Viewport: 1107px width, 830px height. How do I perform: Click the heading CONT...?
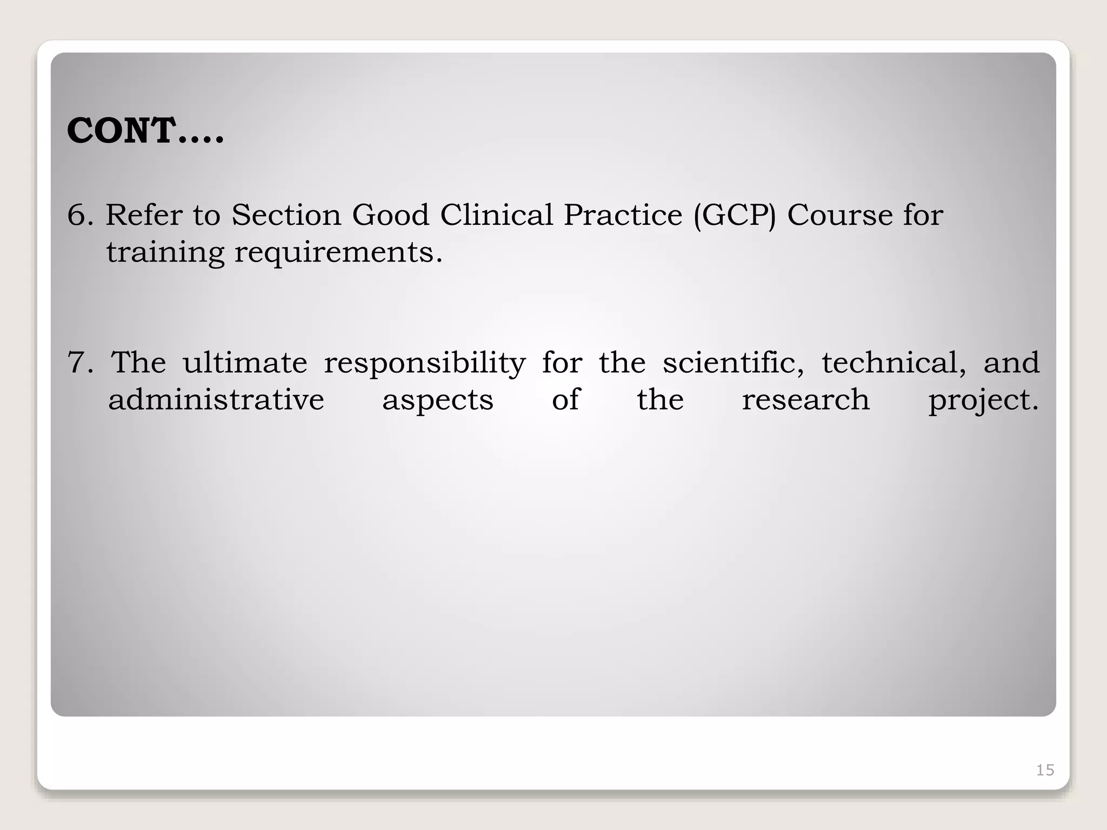click(145, 131)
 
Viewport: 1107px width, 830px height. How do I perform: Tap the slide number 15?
click(1045, 770)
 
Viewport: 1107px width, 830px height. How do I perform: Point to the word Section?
click(286, 215)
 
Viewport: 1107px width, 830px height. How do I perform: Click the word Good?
click(390, 215)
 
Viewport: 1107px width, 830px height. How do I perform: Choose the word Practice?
click(623, 215)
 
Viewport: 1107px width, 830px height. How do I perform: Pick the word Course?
click(839, 215)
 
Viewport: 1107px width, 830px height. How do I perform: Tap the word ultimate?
click(245, 363)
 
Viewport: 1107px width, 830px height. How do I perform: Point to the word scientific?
click(733, 363)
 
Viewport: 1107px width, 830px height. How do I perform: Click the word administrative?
click(216, 400)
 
